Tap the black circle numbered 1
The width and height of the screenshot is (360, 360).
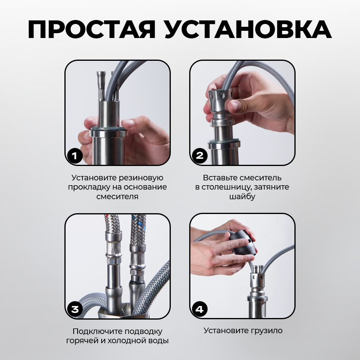(75, 156)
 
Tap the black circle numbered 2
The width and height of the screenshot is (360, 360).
(200, 156)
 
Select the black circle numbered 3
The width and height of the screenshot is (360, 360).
(75, 309)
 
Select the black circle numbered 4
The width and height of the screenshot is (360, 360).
(200, 309)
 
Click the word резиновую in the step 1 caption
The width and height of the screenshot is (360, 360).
(142, 178)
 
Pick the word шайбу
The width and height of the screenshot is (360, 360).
(242, 196)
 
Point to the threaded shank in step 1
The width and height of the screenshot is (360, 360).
(109, 114)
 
